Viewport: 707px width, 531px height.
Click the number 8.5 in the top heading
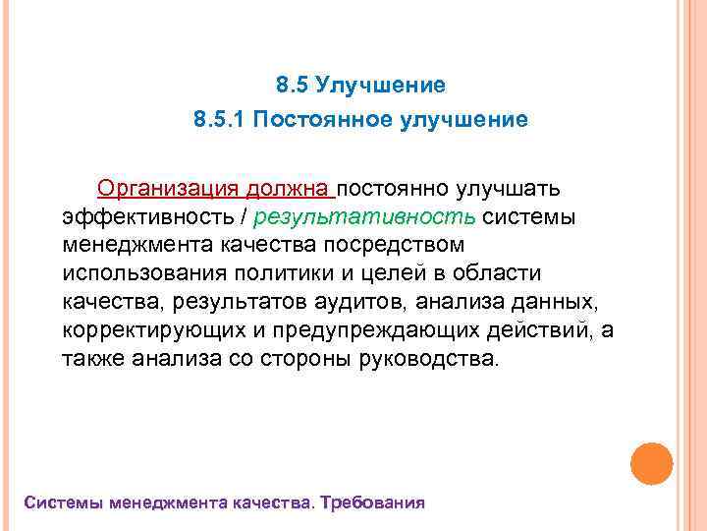click(292, 87)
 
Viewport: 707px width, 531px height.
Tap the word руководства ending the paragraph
click(428, 358)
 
